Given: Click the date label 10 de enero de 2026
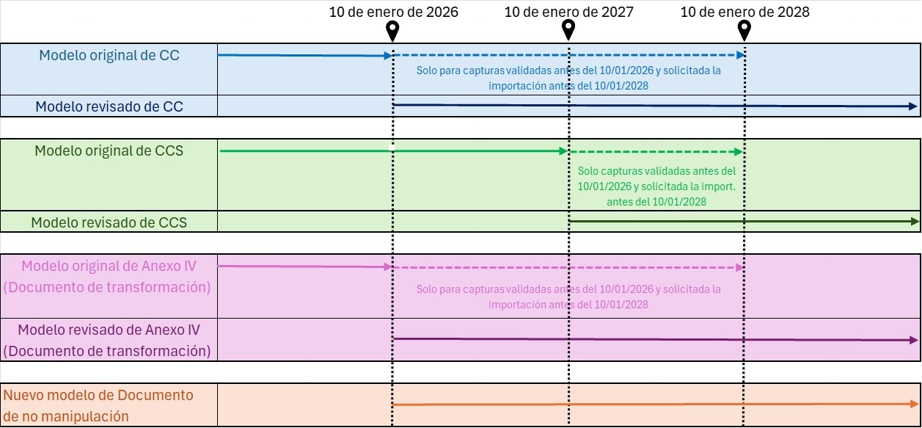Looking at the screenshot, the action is coord(393,12).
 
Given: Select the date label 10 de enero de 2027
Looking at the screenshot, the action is coord(569,12).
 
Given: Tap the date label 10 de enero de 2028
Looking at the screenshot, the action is coord(744,12).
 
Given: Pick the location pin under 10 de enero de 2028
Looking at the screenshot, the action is coord(744,31).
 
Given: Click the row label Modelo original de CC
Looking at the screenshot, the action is coord(109,55).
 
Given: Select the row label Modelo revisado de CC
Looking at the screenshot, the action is coord(109,106).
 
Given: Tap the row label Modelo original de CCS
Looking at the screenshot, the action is coord(109,150).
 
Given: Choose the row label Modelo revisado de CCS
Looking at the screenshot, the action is coord(109,222).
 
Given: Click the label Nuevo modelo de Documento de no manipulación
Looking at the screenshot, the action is coord(98,406).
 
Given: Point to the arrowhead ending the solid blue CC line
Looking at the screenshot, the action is coord(388,56).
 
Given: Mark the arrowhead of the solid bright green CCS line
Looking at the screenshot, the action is coord(563,151).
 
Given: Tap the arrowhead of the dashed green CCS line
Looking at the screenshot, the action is coord(739,152).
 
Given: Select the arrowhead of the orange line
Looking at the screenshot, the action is coord(914,404).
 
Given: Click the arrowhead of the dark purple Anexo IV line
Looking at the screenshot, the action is coord(914,340).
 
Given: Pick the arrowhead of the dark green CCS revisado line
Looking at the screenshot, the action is coord(915,222).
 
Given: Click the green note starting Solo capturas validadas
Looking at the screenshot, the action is coord(656,186).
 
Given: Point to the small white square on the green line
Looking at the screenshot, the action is coord(392,148).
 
